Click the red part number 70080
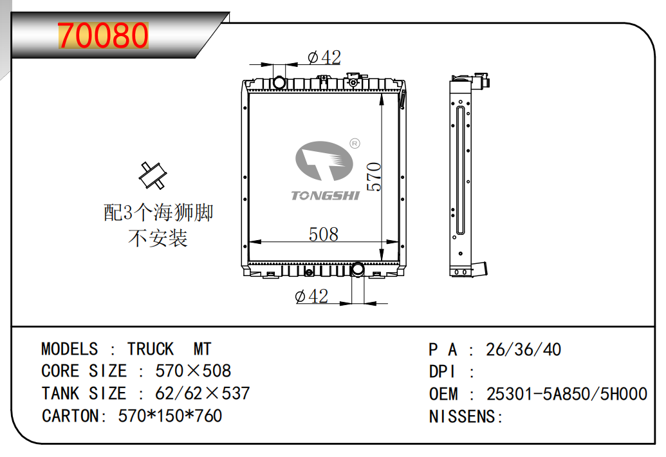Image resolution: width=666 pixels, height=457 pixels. click(x=103, y=37)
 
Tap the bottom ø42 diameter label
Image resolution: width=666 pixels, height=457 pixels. click(x=311, y=296)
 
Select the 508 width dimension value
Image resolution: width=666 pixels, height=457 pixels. click(x=323, y=234)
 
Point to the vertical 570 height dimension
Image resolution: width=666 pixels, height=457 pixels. click(x=375, y=176)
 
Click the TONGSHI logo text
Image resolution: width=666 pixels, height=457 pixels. click(x=326, y=195)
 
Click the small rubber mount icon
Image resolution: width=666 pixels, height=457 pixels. click(x=153, y=175)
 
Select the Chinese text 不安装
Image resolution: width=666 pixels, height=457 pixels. click(x=158, y=239)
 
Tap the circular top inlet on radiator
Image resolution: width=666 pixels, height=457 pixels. click(x=279, y=82)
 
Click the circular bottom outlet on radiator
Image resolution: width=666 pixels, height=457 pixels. click(x=358, y=269)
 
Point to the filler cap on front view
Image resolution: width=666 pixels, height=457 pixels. click(x=353, y=80)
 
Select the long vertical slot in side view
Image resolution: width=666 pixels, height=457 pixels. click(x=459, y=171)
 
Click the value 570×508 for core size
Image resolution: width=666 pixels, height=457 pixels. click(x=193, y=371)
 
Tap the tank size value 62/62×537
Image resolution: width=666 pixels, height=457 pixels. click(x=203, y=393)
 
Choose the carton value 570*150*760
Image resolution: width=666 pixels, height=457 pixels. click(x=171, y=416)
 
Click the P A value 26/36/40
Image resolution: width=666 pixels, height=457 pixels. click(x=523, y=350)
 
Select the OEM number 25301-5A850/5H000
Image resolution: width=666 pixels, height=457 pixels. click(x=566, y=394)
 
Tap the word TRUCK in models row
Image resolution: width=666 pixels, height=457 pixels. click(x=151, y=350)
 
